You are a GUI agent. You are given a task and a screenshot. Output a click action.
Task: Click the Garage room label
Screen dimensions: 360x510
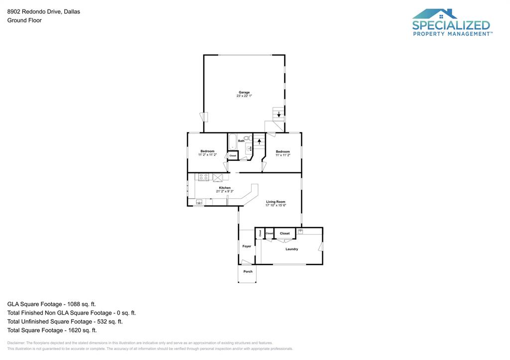(x=244, y=92)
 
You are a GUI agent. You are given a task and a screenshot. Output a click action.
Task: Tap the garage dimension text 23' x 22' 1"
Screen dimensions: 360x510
(x=244, y=96)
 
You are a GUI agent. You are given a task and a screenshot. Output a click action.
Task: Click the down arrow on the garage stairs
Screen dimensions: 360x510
(x=278, y=114)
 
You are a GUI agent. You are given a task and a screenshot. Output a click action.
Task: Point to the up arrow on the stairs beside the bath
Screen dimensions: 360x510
(x=259, y=141)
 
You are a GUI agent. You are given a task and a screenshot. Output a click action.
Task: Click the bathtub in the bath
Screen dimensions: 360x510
(x=233, y=142)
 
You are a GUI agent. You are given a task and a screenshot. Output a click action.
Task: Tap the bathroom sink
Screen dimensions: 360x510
(x=249, y=148)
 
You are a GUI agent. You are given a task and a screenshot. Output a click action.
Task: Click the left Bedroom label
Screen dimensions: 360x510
(x=207, y=151)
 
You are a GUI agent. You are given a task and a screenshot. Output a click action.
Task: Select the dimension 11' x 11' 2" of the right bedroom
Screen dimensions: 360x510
(x=282, y=155)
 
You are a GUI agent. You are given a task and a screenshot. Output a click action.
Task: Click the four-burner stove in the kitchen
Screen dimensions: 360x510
(x=204, y=177)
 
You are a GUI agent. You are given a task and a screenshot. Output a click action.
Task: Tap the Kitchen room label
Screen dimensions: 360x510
(x=225, y=188)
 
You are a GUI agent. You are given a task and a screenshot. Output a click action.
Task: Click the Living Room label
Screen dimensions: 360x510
(x=275, y=202)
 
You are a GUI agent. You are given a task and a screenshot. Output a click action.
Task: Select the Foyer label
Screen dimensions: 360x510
(x=247, y=246)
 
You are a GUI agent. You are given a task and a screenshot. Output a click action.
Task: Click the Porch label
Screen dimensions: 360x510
(x=248, y=271)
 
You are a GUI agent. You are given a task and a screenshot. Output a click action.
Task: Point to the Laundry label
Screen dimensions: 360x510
(x=291, y=249)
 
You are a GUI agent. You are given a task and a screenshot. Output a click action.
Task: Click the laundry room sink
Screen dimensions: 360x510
(x=300, y=231)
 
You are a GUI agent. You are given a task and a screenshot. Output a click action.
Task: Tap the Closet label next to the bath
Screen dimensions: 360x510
(x=233, y=156)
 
